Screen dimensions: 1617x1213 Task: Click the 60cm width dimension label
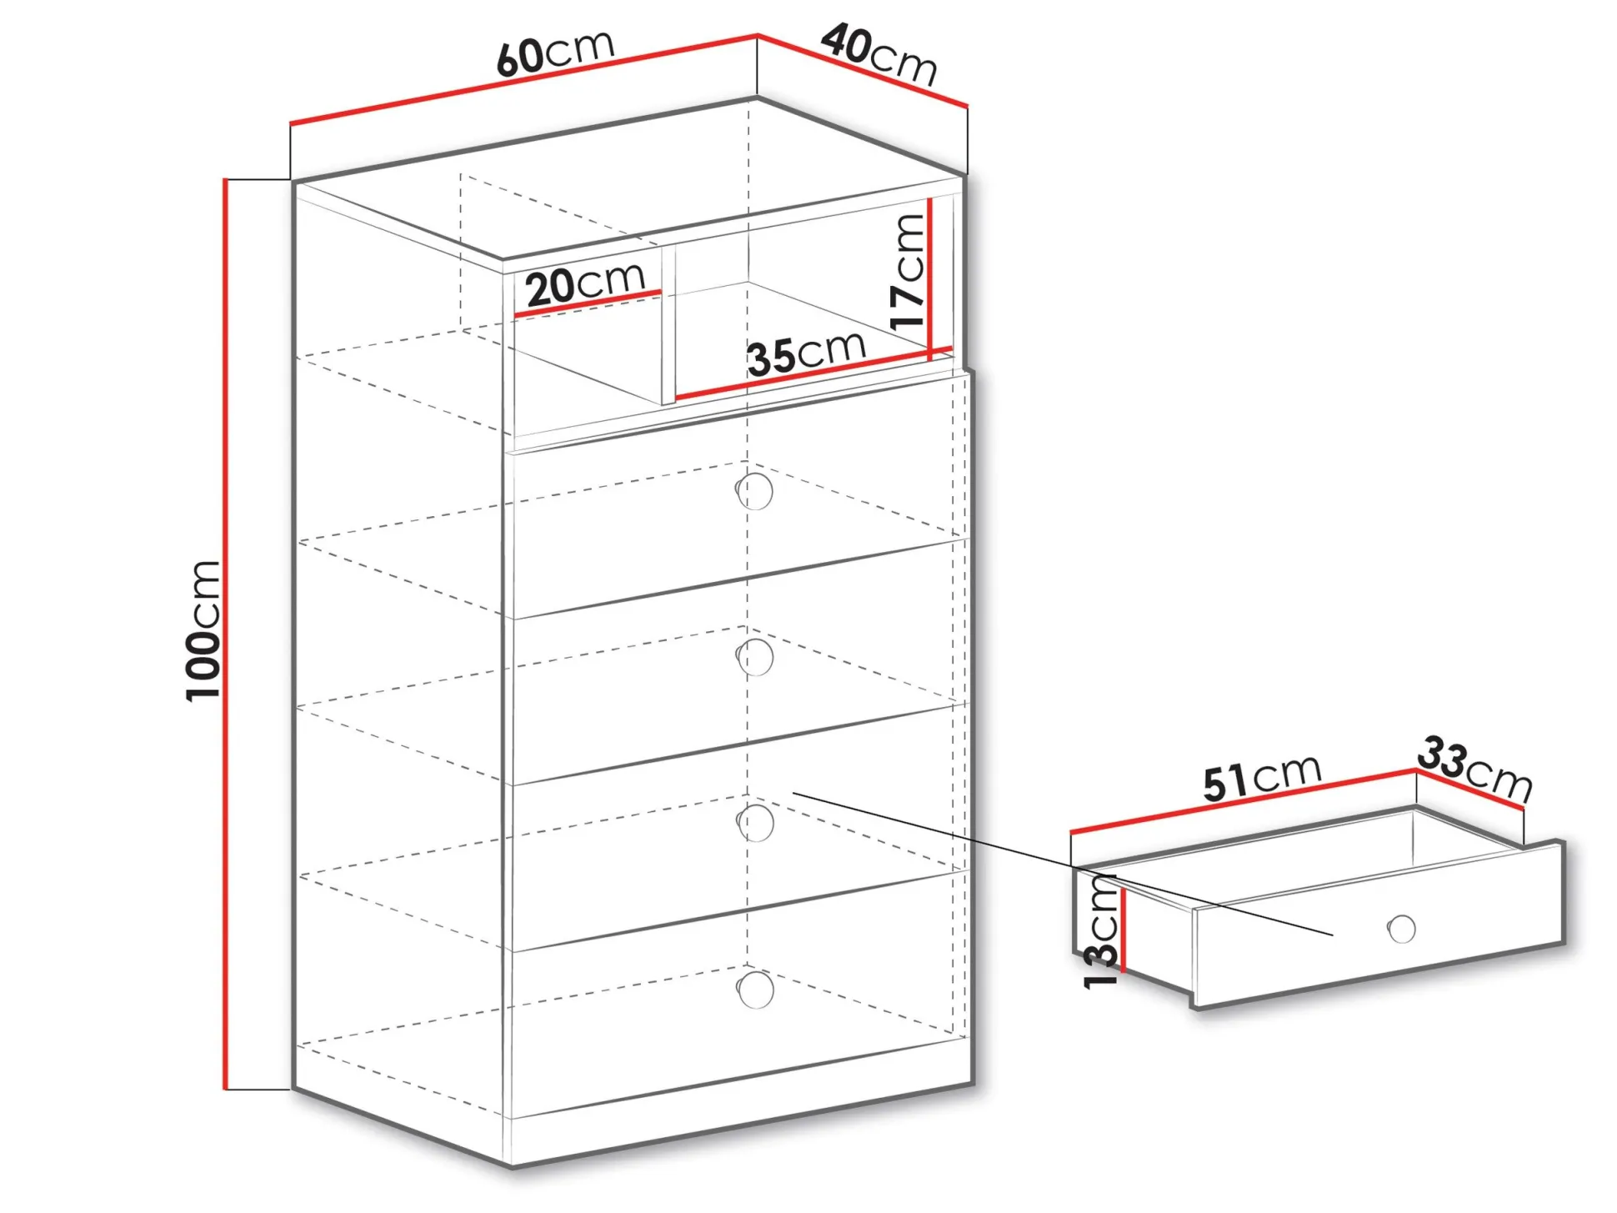tap(555, 53)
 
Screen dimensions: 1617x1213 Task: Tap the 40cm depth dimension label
tap(880, 55)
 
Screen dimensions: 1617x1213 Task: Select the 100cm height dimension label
tap(203, 630)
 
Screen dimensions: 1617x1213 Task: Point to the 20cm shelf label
tap(586, 284)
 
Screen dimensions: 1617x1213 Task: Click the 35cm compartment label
tap(807, 353)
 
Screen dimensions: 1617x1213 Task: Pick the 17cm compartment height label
tap(908, 272)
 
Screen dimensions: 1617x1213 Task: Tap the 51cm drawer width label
tap(1262, 777)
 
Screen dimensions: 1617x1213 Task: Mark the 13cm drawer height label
tap(1101, 931)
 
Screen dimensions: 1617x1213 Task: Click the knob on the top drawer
tap(755, 491)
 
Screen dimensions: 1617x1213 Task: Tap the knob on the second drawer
tap(755, 657)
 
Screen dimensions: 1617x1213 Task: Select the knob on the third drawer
tap(755, 823)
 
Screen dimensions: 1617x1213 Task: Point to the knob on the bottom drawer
tap(755, 990)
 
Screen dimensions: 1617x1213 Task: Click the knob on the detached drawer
tap(1402, 929)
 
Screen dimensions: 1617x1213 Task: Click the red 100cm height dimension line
tap(225, 634)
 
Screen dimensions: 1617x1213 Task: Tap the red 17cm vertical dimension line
tap(930, 278)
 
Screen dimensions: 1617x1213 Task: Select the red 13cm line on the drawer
tap(1124, 930)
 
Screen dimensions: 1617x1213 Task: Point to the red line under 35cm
tap(814, 373)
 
